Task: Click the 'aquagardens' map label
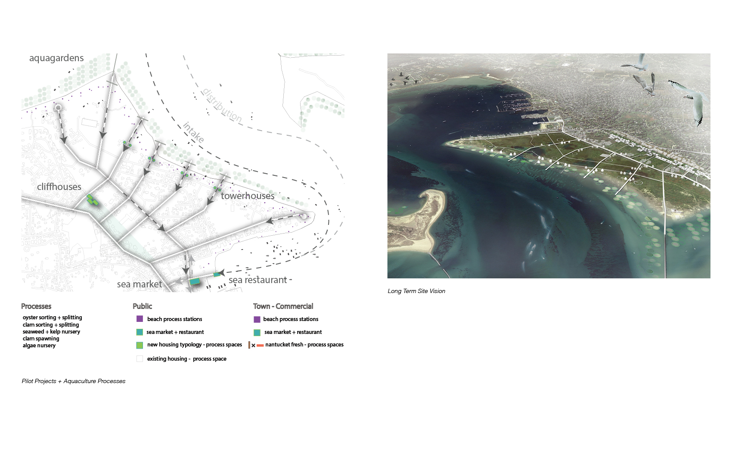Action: pos(56,58)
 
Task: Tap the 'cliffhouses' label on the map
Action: pos(59,187)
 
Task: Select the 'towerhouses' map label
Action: pos(248,196)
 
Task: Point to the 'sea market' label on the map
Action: pos(140,284)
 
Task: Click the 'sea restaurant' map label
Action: pos(258,280)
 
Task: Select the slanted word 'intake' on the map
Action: pos(193,132)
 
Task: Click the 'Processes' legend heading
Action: pos(36,306)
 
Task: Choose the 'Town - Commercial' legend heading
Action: pos(283,306)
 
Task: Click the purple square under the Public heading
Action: pos(140,319)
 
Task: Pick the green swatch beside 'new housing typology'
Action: pos(140,345)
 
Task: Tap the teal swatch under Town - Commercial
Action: pos(257,332)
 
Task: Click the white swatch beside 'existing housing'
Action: pos(140,359)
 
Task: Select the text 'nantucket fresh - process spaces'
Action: pos(304,345)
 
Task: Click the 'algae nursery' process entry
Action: pos(39,346)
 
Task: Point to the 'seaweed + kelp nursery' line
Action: pos(51,332)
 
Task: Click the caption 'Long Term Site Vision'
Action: pos(416,291)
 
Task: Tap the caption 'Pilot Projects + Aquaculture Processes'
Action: pos(74,381)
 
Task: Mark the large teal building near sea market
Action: pos(195,281)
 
